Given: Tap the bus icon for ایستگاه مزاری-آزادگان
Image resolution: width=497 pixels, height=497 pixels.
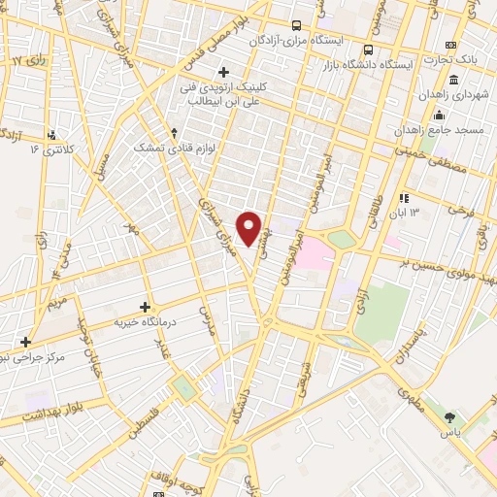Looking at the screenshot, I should (x=295, y=26).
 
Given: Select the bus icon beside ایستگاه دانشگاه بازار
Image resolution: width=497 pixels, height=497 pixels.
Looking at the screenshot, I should (x=368, y=50).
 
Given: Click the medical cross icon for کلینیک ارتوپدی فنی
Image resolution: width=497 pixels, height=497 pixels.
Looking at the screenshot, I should (x=223, y=72).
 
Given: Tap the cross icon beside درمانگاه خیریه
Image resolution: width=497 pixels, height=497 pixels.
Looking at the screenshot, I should (x=146, y=308).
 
